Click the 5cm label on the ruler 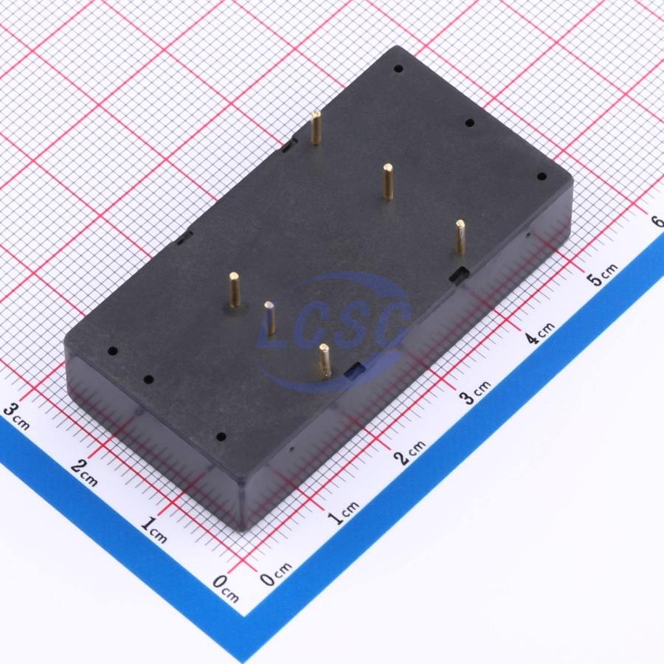click(602, 274)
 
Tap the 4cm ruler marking click(539, 333)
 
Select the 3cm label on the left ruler click(16, 415)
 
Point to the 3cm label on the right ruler click(476, 392)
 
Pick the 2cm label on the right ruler click(410, 452)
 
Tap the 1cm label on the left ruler click(153, 530)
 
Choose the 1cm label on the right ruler click(344, 513)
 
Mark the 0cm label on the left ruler click(225, 589)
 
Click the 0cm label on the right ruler click(276, 574)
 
